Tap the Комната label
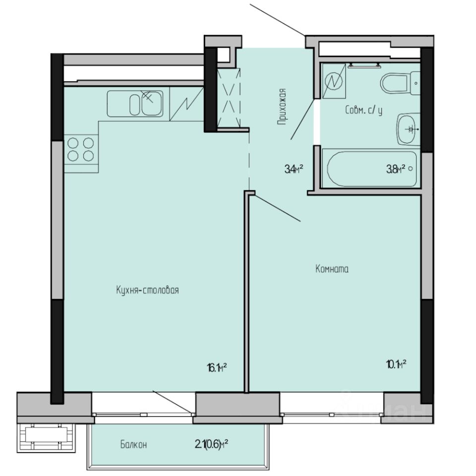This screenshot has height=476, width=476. tap(332, 270)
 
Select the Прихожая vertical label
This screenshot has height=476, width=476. tap(282, 106)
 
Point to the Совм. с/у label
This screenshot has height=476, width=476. tap(364, 111)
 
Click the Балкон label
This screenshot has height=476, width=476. tap(133, 444)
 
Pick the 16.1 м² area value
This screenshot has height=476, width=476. tap(217, 367)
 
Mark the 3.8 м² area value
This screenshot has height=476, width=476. tap(396, 169)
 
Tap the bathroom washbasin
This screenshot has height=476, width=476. tap(409, 129)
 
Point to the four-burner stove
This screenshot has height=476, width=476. tap(81, 149)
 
